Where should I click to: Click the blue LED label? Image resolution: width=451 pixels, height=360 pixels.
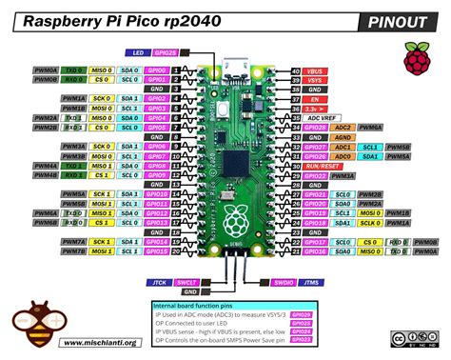coord(138,54)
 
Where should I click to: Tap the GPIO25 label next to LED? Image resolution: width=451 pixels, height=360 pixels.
coord(164,54)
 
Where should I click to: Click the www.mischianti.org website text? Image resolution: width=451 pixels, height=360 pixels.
coord(100,344)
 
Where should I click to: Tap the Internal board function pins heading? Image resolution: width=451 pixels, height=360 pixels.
coord(199,305)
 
